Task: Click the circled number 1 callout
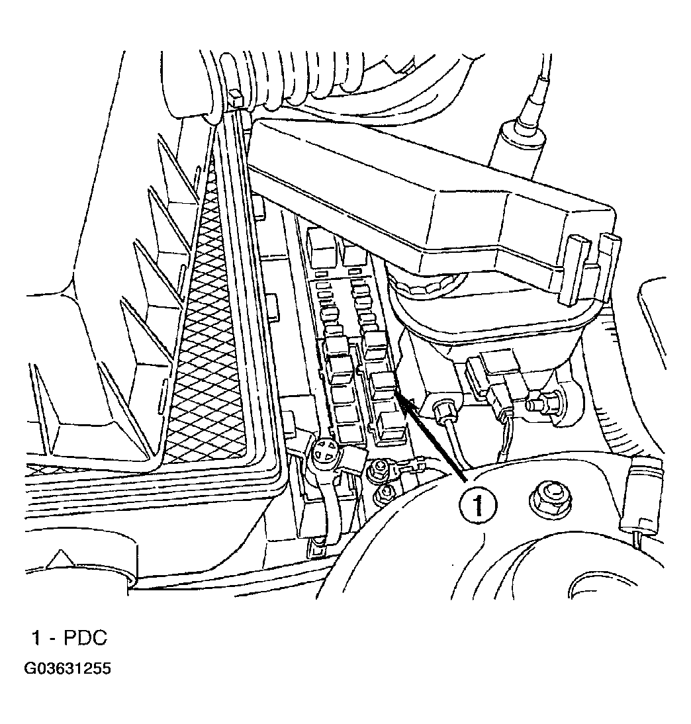478,505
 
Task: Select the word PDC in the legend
85,638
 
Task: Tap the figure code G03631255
68,669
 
